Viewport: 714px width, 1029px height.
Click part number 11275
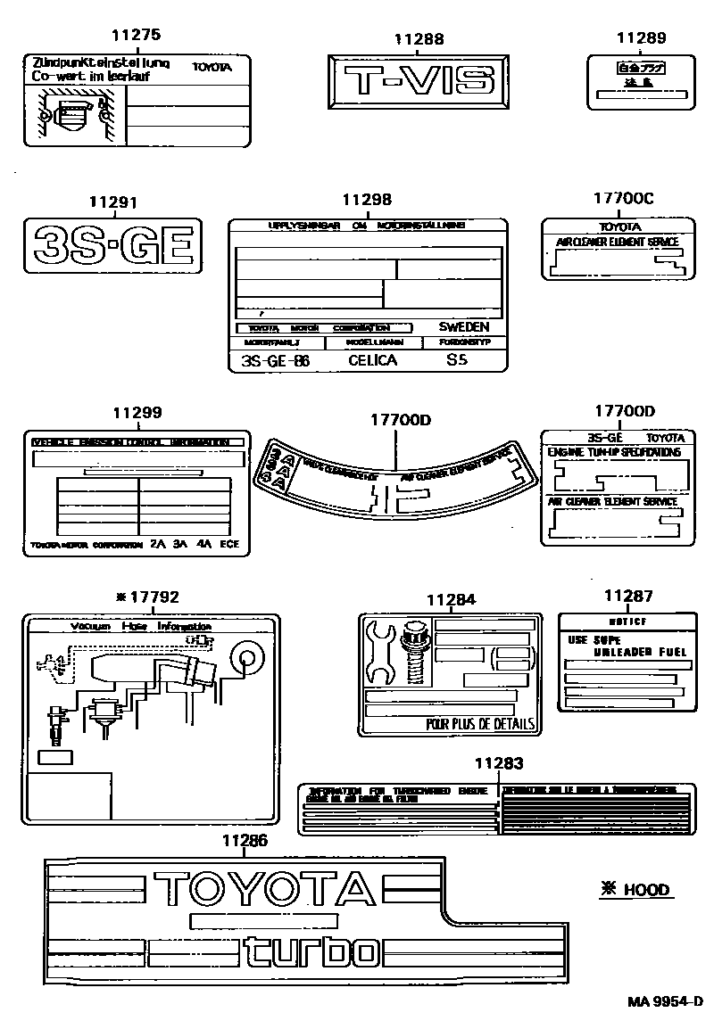pos(137,36)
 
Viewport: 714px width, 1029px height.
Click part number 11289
pos(641,37)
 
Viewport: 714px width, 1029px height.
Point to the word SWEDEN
pos(463,327)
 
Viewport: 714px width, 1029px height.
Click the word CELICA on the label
pos(372,361)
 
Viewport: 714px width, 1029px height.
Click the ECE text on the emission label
pos(229,543)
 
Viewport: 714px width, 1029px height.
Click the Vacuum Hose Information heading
pos(141,627)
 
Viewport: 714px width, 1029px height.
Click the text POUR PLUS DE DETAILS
pos(480,724)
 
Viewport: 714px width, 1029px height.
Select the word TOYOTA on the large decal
pos(263,888)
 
